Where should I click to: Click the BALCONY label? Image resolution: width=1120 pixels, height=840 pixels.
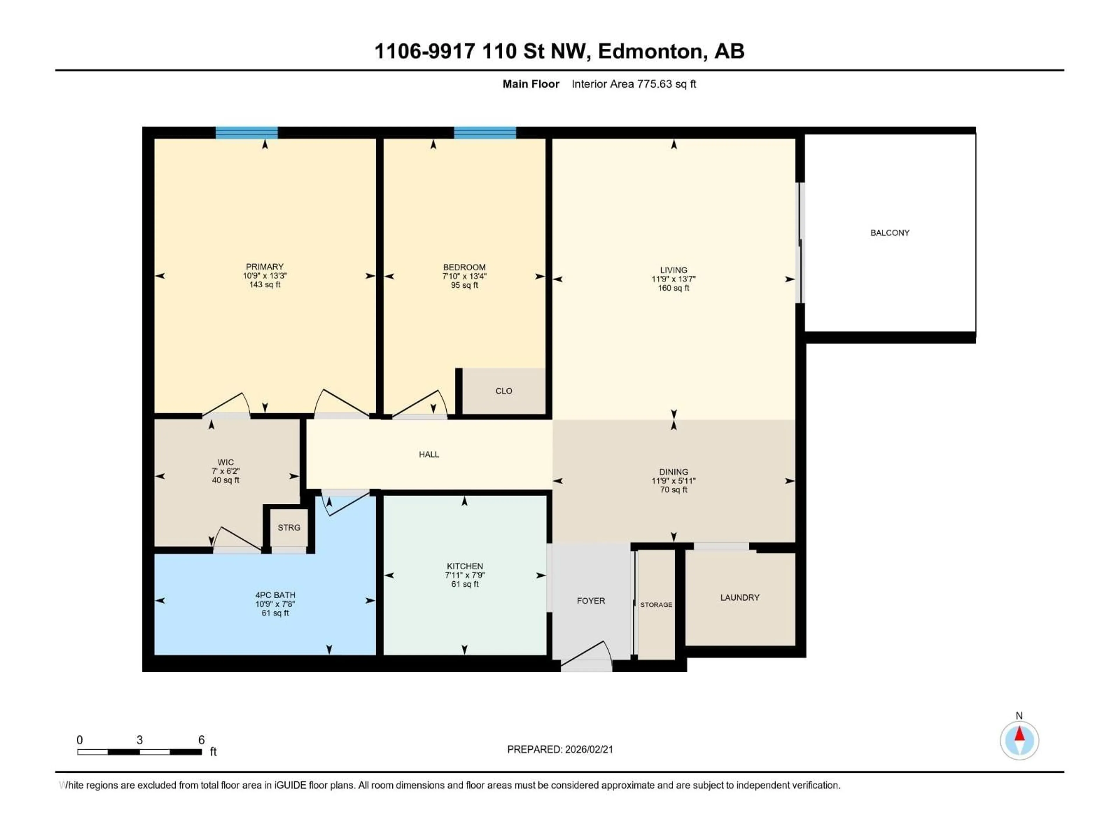pos(890,233)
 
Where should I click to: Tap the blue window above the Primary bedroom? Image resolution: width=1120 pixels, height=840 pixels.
pos(246,133)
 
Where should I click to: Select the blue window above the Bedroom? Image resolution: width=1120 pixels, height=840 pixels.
pos(484,133)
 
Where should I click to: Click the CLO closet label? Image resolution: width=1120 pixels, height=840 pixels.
pos(503,391)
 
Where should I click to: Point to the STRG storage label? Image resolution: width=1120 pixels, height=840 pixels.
pos(289,528)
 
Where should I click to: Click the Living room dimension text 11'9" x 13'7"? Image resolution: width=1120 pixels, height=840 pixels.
pos(673,279)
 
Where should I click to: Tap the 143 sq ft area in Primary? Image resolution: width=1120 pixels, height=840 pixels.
pos(264,285)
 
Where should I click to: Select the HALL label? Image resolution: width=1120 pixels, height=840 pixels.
pos(428,455)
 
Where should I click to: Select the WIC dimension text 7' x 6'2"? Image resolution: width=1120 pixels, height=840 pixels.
pos(225,471)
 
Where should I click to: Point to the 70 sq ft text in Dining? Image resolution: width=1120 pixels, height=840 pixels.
pos(673,490)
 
